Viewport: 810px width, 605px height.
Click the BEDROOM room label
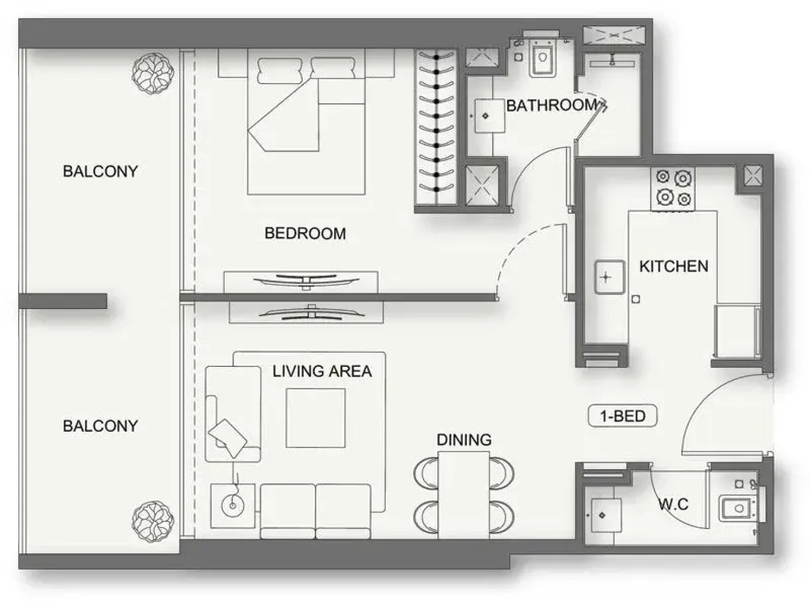click(305, 233)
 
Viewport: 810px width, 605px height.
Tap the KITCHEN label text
click(674, 266)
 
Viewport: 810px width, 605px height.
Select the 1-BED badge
click(622, 416)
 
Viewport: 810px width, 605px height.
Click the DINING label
click(464, 439)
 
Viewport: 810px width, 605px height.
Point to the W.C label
click(674, 504)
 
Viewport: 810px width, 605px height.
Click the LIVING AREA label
click(322, 371)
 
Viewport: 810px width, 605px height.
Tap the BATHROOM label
click(552, 106)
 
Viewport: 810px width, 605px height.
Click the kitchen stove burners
click(673, 189)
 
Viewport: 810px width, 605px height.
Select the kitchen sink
click(609, 277)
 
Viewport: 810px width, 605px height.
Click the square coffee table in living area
click(315, 418)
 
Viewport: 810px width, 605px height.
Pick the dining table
click(463, 494)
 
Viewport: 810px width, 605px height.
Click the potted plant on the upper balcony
click(153, 73)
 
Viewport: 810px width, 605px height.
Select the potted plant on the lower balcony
click(153, 521)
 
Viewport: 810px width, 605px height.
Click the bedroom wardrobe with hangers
click(436, 127)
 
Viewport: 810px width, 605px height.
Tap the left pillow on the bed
click(279, 70)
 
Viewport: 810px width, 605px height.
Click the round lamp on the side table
click(232, 505)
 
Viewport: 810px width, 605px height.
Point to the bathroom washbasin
click(489, 116)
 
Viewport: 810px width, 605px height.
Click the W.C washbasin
click(606, 515)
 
